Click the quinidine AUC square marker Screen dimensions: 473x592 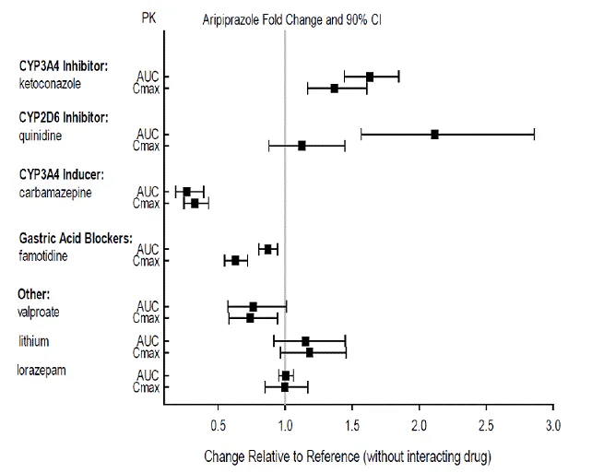click(434, 134)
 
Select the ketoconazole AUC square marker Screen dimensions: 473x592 click(370, 77)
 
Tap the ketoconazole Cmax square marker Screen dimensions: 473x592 click(335, 89)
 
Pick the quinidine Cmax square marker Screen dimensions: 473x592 click(302, 146)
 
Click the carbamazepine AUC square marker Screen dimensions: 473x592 click(186, 192)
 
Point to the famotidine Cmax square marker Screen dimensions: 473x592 click(235, 261)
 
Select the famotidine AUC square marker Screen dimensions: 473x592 click(268, 249)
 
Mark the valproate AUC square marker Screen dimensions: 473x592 click(254, 306)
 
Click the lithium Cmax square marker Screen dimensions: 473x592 click(309, 352)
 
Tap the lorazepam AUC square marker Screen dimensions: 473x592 click(286, 375)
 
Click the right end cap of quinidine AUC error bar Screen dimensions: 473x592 click(534, 134)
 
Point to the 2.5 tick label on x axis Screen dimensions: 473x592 click(486, 426)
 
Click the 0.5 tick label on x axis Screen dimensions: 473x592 click(219, 426)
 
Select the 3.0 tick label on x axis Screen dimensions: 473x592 click(552, 426)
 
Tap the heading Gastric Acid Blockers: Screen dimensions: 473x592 click(76, 238)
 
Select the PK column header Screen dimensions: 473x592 click(148, 18)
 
